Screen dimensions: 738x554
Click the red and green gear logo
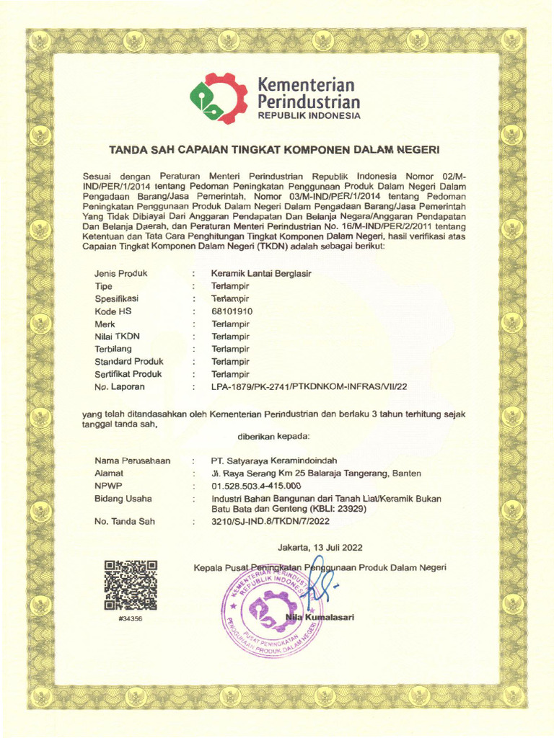(x=218, y=99)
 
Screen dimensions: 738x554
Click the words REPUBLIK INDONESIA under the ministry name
(x=309, y=116)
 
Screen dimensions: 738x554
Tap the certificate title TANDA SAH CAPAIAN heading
(x=273, y=151)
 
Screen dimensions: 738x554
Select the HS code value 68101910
(x=232, y=311)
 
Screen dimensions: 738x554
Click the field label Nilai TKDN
(x=117, y=337)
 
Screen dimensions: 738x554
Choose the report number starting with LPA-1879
(x=309, y=387)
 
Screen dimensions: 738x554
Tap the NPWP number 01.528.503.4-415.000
(x=256, y=486)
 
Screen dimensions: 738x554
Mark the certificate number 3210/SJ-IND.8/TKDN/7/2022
(x=271, y=521)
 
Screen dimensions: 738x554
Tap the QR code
(x=131, y=585)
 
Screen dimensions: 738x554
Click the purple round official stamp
(x=271, y=610)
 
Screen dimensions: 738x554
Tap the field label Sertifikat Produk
(x=128, y=374)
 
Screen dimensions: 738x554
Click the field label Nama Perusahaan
(x=132, y=461)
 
